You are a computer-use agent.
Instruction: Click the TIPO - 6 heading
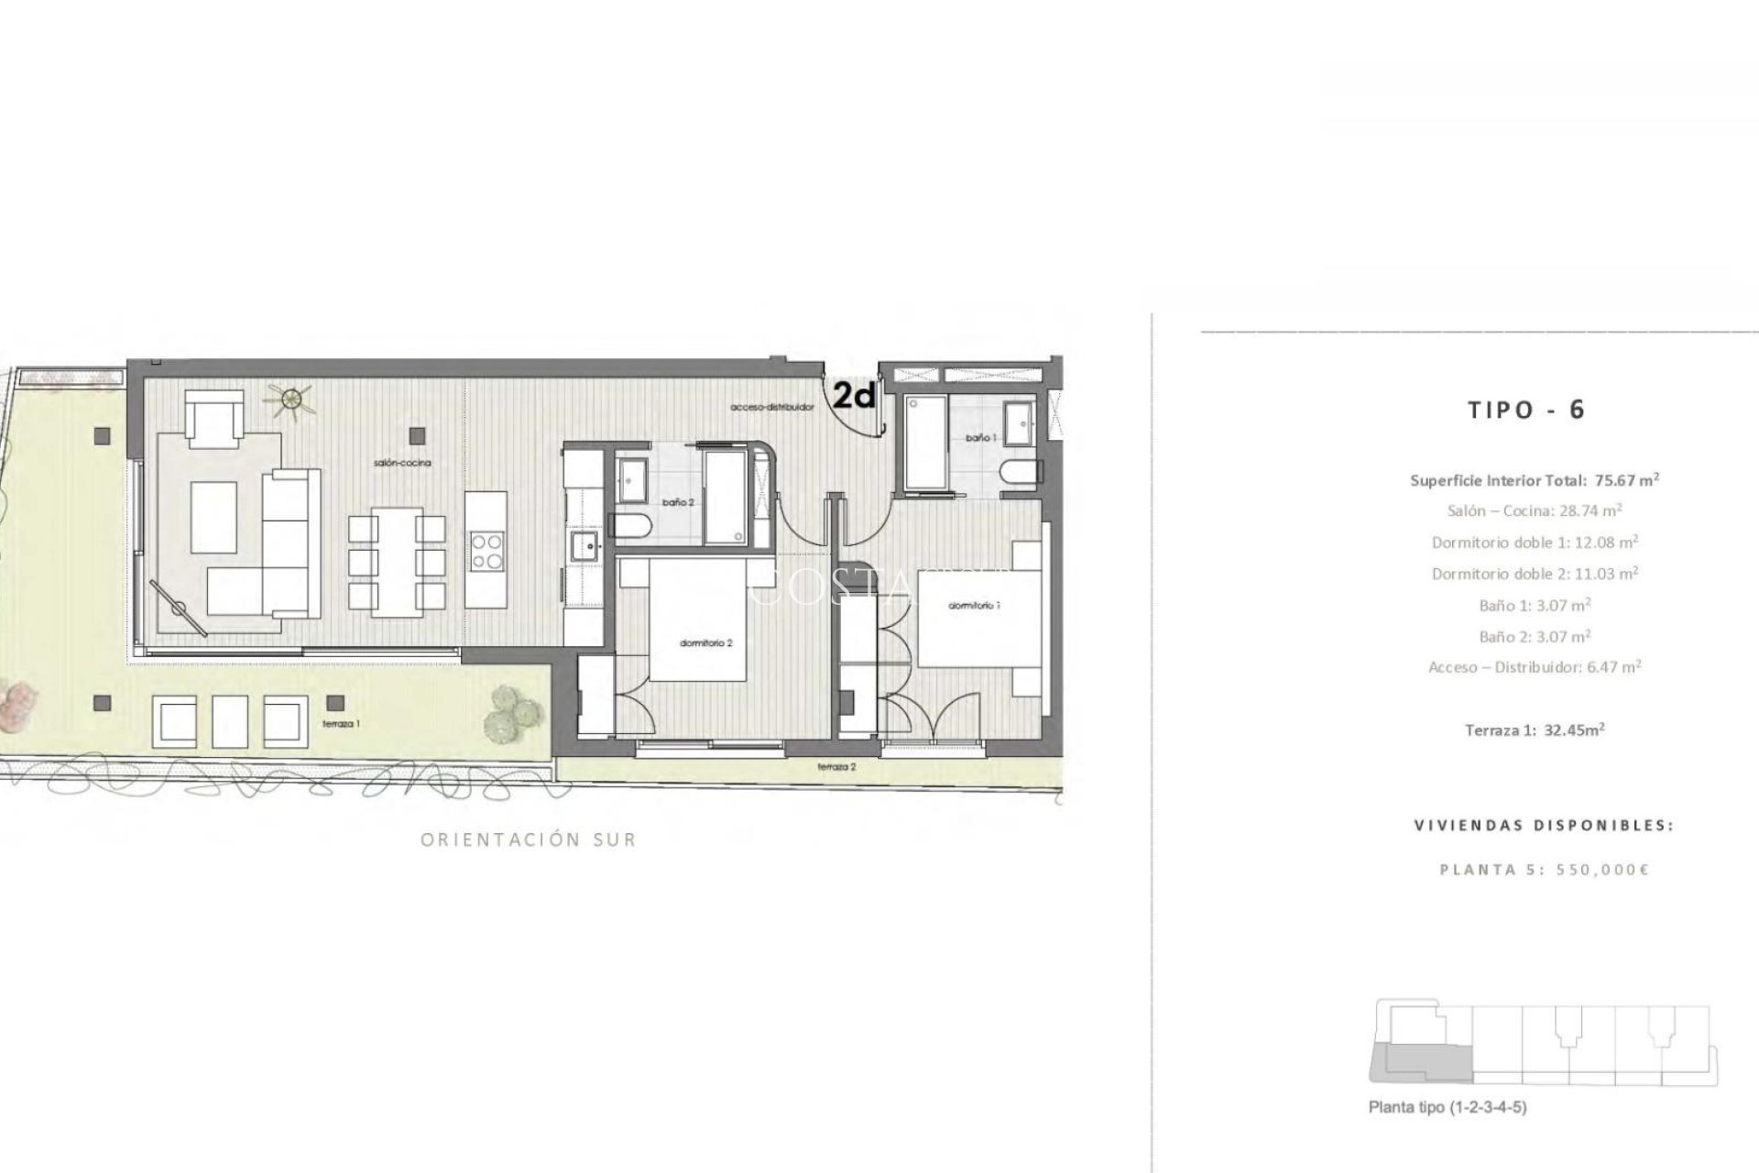[1525, 410]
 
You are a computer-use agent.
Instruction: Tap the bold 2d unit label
[854, 396]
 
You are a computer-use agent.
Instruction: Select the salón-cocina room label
[401, 464]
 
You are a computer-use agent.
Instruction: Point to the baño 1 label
[979, 439]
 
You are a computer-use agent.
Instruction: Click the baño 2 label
[679, 502]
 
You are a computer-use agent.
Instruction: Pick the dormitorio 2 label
[705, 643]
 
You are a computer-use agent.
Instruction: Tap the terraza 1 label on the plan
[341, 724]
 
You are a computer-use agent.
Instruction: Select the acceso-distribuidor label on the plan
[771, 407]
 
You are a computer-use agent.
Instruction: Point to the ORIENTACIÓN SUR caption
[528, 839]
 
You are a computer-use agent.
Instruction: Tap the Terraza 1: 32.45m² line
[1535, 730]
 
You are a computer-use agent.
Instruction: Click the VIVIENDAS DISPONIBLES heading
[1544, 825]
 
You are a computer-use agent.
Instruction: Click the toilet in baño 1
[1022, 475]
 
